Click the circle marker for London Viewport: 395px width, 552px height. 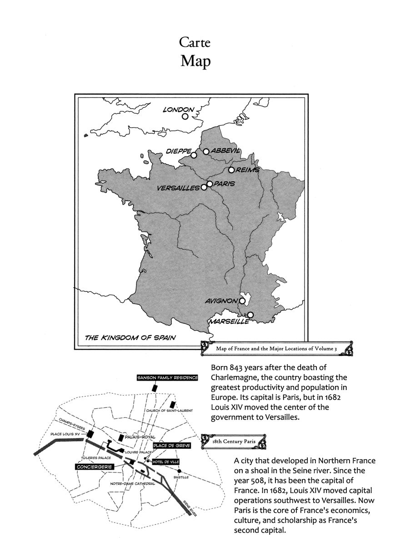click(x=185, y=116)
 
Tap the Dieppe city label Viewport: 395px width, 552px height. click(x=178, y=151)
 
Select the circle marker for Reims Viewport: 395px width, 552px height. click(x=231, y=170)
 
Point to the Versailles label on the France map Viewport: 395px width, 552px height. click(x=178, y=188)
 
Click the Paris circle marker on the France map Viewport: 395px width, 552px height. click(x=210, y=184)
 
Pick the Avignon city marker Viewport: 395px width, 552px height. click(x=242, y=301)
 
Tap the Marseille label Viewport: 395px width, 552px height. click(x=229, y=321)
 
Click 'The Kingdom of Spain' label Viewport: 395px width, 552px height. click(x=130, y=337)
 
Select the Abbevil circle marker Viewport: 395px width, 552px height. click(x=206, y=151)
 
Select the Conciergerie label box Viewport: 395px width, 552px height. click(x=92, y=467)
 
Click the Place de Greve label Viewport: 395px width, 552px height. click(x=171, y=445)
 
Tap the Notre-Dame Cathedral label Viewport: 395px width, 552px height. click(x=133, y=484)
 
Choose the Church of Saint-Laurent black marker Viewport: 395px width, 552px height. click(x=172, y=404)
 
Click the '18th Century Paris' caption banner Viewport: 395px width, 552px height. click(x=235, y=442)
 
